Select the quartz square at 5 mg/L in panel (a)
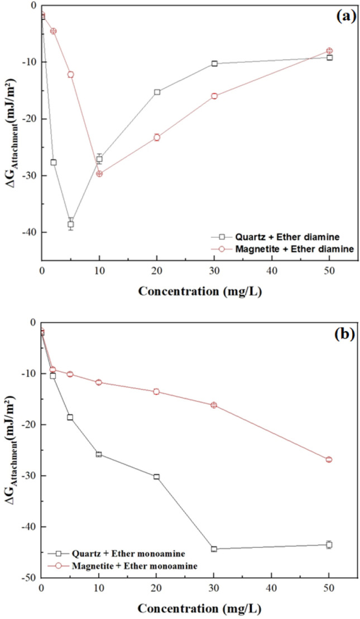71,224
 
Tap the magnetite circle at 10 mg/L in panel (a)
99,174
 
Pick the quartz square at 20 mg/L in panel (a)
157,92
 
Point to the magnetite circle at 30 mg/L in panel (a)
214,96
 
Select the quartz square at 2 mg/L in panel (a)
54,162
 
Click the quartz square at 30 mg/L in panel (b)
214,549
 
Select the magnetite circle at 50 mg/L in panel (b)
329,459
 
